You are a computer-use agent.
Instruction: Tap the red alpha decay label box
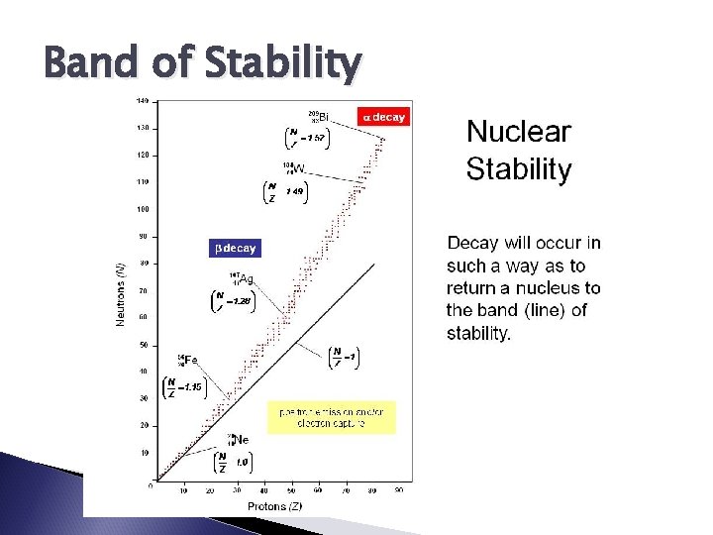(x=382, y=117)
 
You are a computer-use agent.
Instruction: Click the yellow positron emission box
(x=331, y=417)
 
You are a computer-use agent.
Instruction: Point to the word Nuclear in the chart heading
(x=519, y=132)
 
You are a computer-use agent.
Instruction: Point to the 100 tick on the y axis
(x=142, y=209)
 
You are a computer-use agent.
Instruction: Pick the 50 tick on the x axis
(x=292, y=490)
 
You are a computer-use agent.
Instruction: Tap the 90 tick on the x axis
(x=399, y=490)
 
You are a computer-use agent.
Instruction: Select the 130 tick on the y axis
(x=142, y=128)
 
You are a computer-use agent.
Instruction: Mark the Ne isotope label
(x=239, y=438)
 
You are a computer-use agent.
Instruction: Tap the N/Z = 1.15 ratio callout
(x=184, y=387)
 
